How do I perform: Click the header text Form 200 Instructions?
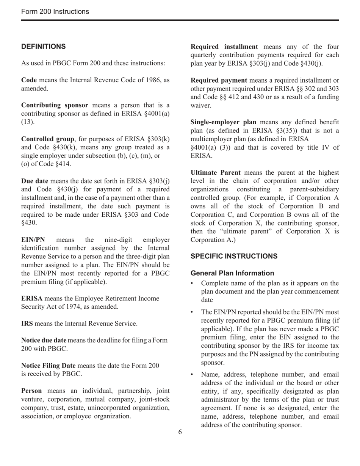point(55,12)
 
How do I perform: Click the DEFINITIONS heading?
point(44,47)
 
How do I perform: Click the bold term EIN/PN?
point(33,240)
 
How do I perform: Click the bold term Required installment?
point(224,47)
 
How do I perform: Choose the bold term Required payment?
point(219,80)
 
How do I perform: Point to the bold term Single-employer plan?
point(223,122)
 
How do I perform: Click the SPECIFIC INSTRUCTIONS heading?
point(234,256)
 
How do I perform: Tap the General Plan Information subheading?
point(232,273)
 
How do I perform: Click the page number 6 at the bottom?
point(180,432)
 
